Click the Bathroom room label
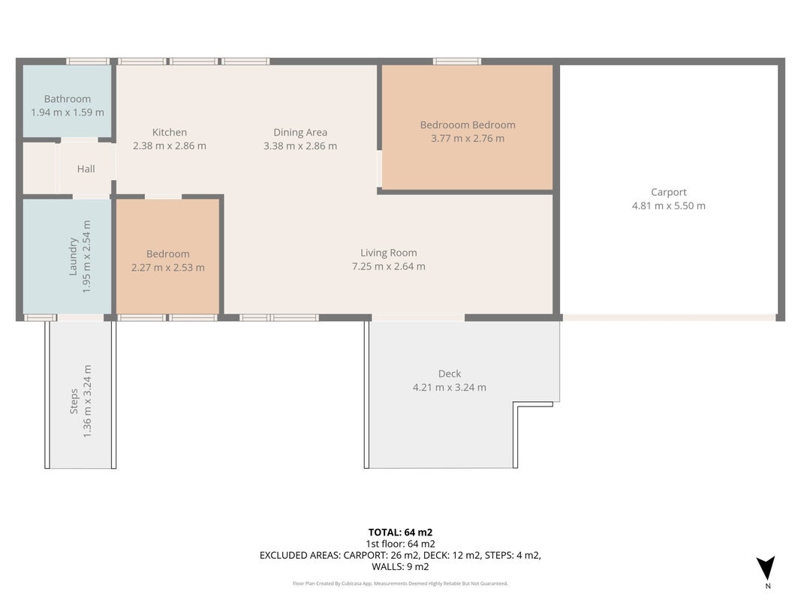click(68, 99)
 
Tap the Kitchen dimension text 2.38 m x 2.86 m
click(170, 146)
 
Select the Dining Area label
click(300, 133)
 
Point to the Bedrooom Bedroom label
click(468, 125)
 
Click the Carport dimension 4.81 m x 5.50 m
click(669, 206)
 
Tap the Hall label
click(86, 169)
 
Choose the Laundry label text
click(73, 256)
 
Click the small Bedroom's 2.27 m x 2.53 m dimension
click(168, 268)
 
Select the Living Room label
click(389, 253)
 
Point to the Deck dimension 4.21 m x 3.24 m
click(450, 388)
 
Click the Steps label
click(74, 401)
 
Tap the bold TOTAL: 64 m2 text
click(401, 532)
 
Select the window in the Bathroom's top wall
click(88, 61)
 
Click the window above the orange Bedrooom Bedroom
click(456, 61)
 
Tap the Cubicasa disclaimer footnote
click(401, 583)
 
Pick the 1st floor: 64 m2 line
click(401, 544)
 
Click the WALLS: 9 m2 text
click(401, 567)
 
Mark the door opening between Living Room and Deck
click(418, 318)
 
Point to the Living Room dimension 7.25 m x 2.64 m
click(389, 266)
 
